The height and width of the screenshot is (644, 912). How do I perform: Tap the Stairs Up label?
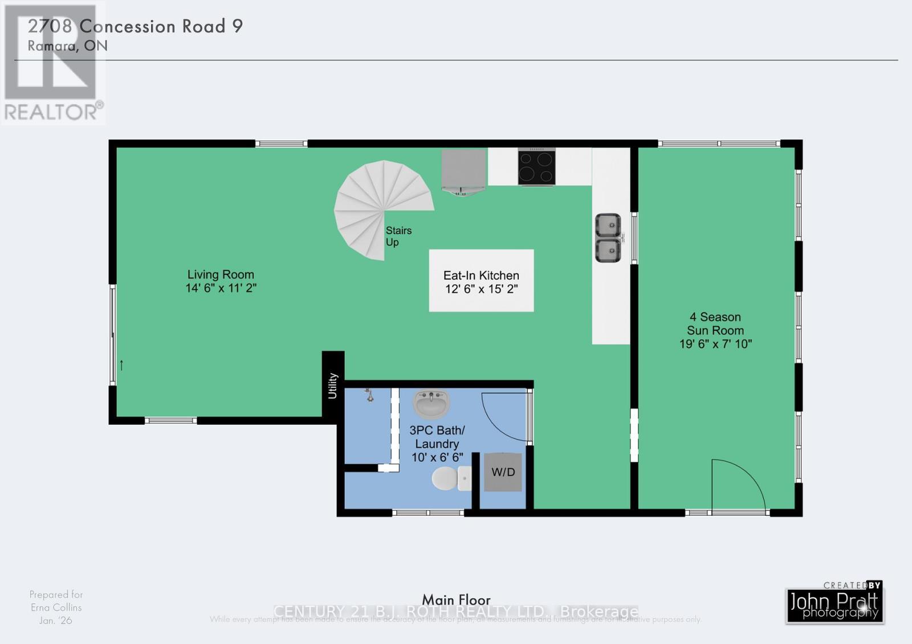[x=398, y=236]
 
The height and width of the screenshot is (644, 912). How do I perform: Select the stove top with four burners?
[x=536, y=166]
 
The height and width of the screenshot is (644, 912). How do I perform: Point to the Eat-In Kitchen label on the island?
[x=481, y=276]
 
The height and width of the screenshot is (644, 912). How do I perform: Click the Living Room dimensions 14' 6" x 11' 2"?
[x=221, y=288]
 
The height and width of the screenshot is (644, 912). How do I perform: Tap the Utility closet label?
[x=333, y=385]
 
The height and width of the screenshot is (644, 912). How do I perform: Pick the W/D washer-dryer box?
[x=503, y=472]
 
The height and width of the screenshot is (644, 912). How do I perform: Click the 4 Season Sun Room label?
[x=715, y=323]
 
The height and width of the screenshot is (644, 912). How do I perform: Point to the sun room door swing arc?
[x=741, y=481]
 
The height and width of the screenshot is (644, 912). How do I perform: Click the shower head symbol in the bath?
[x=369, y=394]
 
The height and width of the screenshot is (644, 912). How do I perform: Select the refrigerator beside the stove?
[x=463, y=170]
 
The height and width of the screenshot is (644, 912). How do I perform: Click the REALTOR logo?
[x=52, y=63]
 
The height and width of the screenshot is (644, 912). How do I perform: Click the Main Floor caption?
[x=456, y=600]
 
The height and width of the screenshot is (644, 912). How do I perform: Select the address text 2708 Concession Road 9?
[x=136, y=26]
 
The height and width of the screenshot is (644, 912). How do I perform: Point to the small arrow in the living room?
[x=121, y=365]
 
